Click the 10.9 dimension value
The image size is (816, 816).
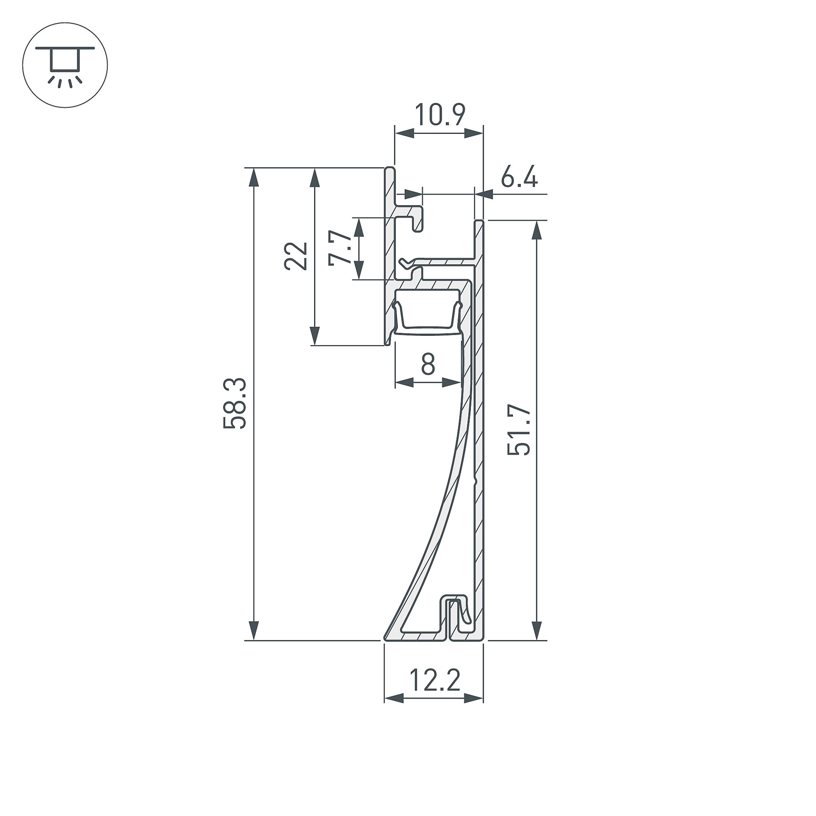440,114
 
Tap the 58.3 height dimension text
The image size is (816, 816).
235,403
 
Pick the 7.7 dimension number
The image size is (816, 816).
340,248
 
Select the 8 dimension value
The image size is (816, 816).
428,364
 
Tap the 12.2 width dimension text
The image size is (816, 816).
435,680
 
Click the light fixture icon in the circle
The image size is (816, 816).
65,65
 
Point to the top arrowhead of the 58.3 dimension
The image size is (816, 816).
253,177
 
